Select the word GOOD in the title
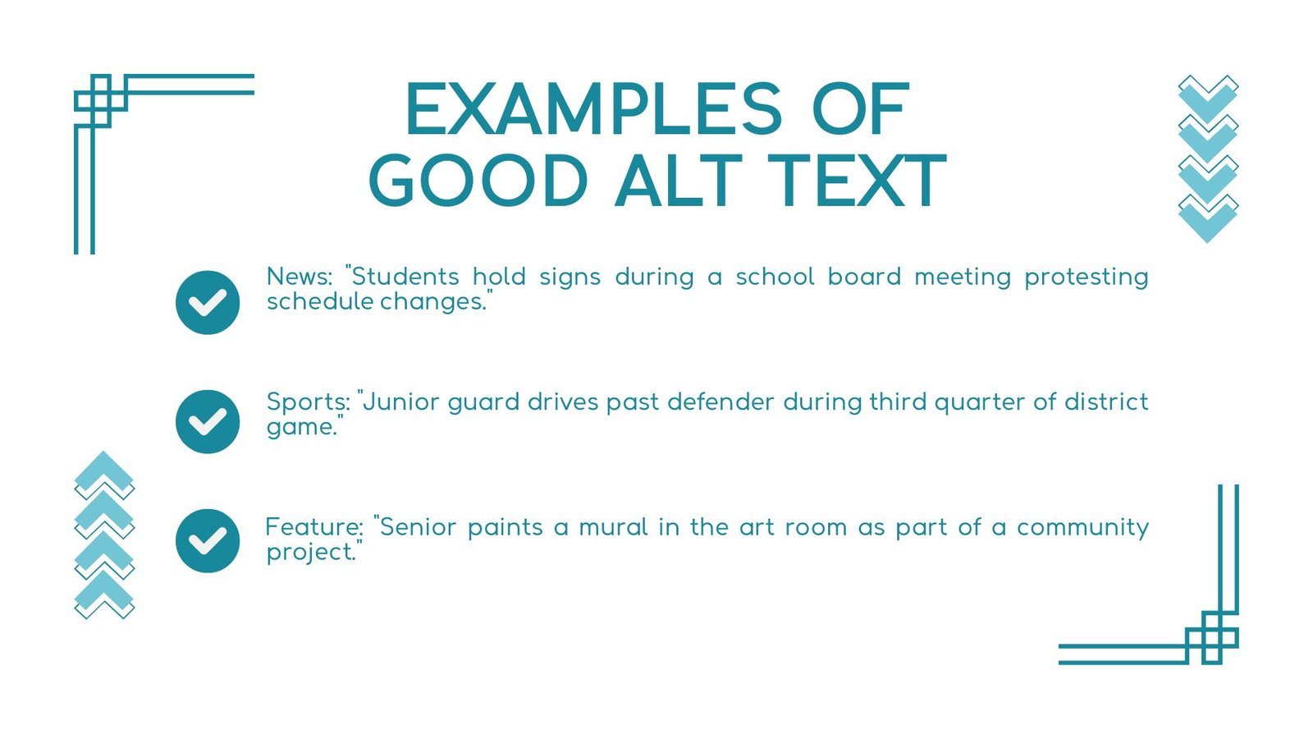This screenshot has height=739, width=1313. [478, 181]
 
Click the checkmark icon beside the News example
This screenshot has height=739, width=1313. [208, 303]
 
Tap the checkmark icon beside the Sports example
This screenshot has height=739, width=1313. [208, 422]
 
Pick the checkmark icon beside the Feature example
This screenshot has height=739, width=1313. [208, 541]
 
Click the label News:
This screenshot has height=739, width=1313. [300, 277]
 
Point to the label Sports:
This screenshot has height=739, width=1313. [309, 403]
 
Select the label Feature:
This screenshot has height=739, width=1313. [314, 527]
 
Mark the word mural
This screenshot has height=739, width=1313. [613, 527]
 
